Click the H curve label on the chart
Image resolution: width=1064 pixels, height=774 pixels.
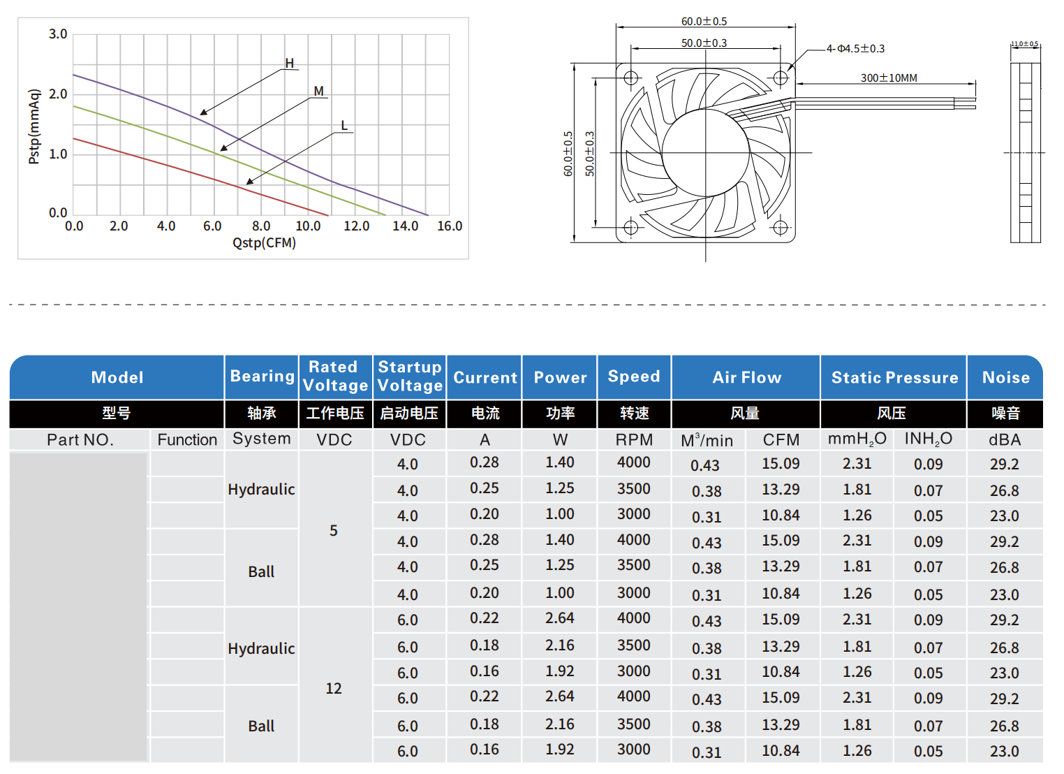(290, 64)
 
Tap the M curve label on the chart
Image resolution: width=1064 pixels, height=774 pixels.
(318, 92)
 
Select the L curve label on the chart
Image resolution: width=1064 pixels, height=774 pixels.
(344, 126)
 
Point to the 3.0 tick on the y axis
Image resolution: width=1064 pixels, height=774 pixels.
(58, 34)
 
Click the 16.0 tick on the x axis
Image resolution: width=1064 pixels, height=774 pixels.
(450, 226)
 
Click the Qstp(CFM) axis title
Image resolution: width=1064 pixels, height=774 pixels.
(264, 243)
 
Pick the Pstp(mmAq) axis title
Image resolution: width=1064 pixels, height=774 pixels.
(34, 126)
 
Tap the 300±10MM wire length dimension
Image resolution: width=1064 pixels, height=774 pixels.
(889, 78)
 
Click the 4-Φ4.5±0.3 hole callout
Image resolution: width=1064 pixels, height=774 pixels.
(855, 49)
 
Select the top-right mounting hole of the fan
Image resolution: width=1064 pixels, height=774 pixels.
(781, 78)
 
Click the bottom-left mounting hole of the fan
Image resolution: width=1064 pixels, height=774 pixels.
(630, 227)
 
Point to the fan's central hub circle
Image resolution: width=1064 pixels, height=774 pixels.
(705, 152)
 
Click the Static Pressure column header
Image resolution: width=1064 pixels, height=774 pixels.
(894, 378)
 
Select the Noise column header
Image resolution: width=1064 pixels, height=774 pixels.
(1005, 378)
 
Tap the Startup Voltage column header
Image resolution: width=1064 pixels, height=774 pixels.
(410, 377)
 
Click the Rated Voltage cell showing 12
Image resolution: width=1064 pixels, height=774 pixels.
(334, 689)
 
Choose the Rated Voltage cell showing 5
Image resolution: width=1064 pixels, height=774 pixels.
(334, 531)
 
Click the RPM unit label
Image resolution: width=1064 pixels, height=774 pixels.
(634, 440)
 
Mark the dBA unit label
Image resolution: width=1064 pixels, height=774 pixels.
(1005, 440)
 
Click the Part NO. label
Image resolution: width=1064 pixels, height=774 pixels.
(80, 440)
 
